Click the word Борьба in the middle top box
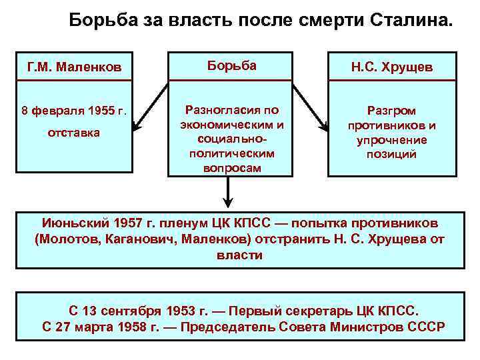231,65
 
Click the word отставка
73,133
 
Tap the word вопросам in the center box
231,168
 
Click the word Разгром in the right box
391,111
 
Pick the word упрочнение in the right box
391,140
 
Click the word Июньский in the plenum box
69,223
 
